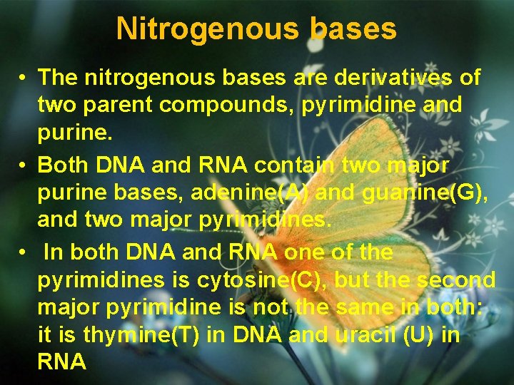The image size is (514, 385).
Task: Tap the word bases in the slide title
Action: (x=353, y=29)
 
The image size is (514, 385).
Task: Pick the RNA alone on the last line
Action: (x=62, y=362)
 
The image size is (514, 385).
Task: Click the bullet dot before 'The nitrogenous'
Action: (x=24, y=78)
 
